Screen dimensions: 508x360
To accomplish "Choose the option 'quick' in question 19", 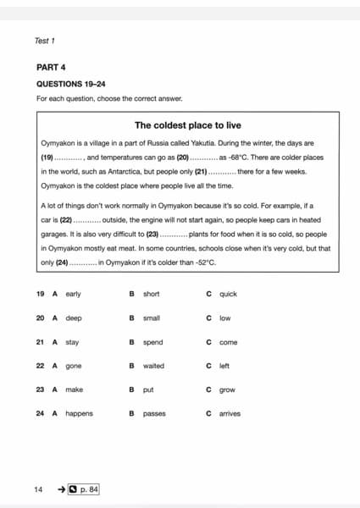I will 228,294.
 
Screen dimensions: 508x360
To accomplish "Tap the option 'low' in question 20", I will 224,318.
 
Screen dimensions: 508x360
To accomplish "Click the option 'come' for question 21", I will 228,342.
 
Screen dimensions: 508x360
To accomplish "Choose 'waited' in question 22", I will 153,366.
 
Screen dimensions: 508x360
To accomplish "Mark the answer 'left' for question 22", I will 224,366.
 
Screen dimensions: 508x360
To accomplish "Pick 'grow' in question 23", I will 227,389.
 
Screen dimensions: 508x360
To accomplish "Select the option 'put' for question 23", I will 147,389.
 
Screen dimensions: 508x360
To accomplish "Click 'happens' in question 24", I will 79,413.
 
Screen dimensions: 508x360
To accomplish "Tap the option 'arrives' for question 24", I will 230,413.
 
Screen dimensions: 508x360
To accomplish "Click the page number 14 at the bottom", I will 38,489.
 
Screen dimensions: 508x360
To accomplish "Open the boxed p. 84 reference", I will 84,489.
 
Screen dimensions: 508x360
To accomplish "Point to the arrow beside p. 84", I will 61,489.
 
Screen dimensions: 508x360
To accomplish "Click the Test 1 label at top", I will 45,40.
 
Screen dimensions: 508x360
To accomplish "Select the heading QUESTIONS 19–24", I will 71,84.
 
